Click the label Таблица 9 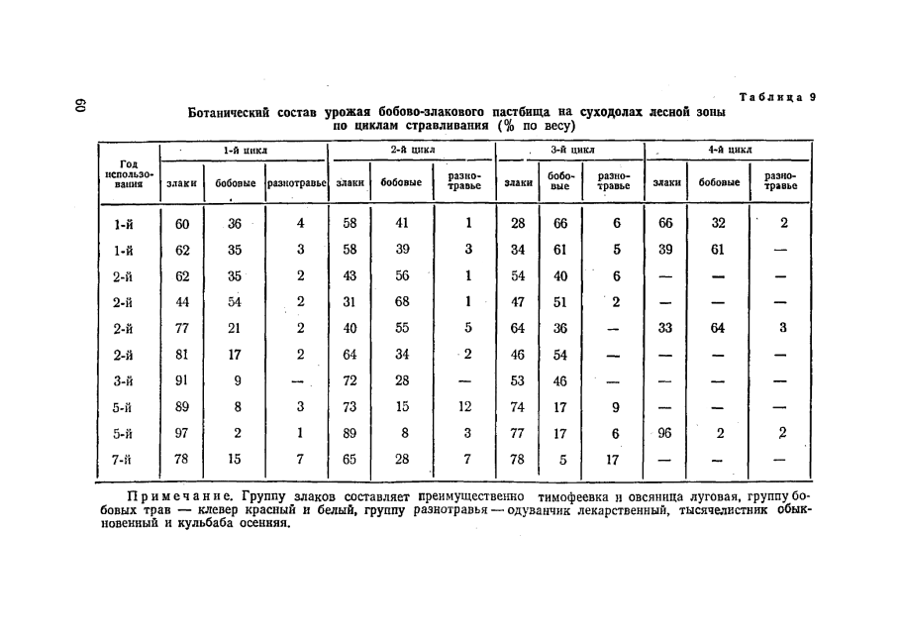777,97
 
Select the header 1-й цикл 245,150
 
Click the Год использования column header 128,173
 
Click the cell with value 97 182,432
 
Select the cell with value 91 182,380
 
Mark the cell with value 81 182,354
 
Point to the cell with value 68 402,302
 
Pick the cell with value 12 466,406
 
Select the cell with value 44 182,302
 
